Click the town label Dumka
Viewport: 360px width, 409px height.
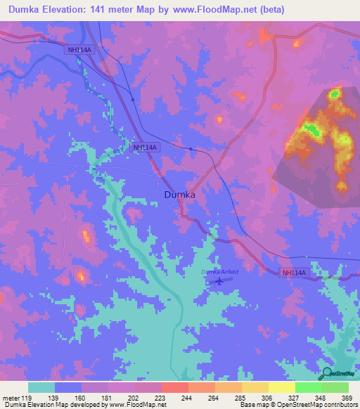(179, 194)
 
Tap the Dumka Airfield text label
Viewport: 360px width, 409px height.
(221, 272)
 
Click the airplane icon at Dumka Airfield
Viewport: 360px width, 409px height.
(221, 281)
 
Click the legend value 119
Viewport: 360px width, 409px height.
(25, 397)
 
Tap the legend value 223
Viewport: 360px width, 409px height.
(160, 397)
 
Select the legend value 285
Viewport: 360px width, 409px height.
(241, 397)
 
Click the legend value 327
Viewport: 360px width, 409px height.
(295, 397)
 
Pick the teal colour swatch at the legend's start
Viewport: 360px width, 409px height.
(41, 387)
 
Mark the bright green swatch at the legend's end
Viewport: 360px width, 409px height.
(335, 387)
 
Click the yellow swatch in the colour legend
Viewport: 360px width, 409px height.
(281, 387)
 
